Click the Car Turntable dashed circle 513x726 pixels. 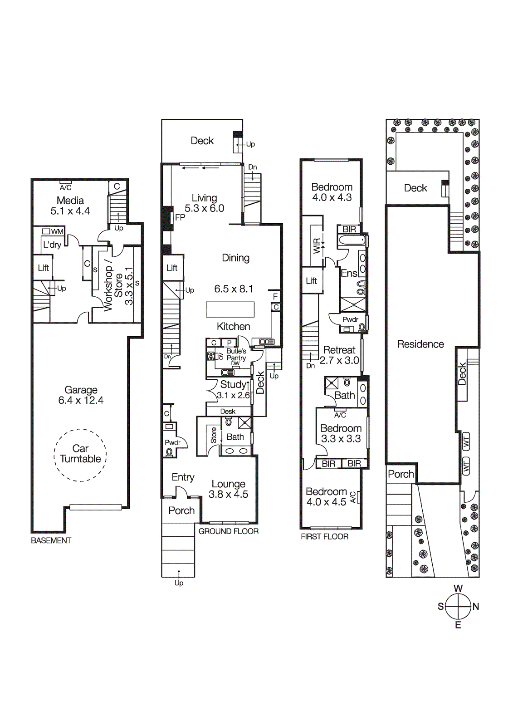80,454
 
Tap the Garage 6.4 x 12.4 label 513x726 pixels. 81,395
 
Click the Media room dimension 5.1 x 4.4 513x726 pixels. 70,211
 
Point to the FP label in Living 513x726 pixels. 180,217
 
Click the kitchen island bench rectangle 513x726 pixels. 230,309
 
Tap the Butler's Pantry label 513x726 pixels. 236,355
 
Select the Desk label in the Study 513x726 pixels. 228,412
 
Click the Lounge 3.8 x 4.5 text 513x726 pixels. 228,489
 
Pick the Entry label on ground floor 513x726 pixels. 183,477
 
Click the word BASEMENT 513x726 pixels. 51,540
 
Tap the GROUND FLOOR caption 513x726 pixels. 228,531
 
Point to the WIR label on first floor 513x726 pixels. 317,246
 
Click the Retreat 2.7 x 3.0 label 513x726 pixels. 339,355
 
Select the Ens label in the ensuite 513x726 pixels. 349,273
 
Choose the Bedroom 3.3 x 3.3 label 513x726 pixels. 341,433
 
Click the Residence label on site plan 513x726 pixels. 420,344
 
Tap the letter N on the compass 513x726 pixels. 476,607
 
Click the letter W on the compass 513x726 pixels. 458,589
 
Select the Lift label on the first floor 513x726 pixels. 311,281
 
